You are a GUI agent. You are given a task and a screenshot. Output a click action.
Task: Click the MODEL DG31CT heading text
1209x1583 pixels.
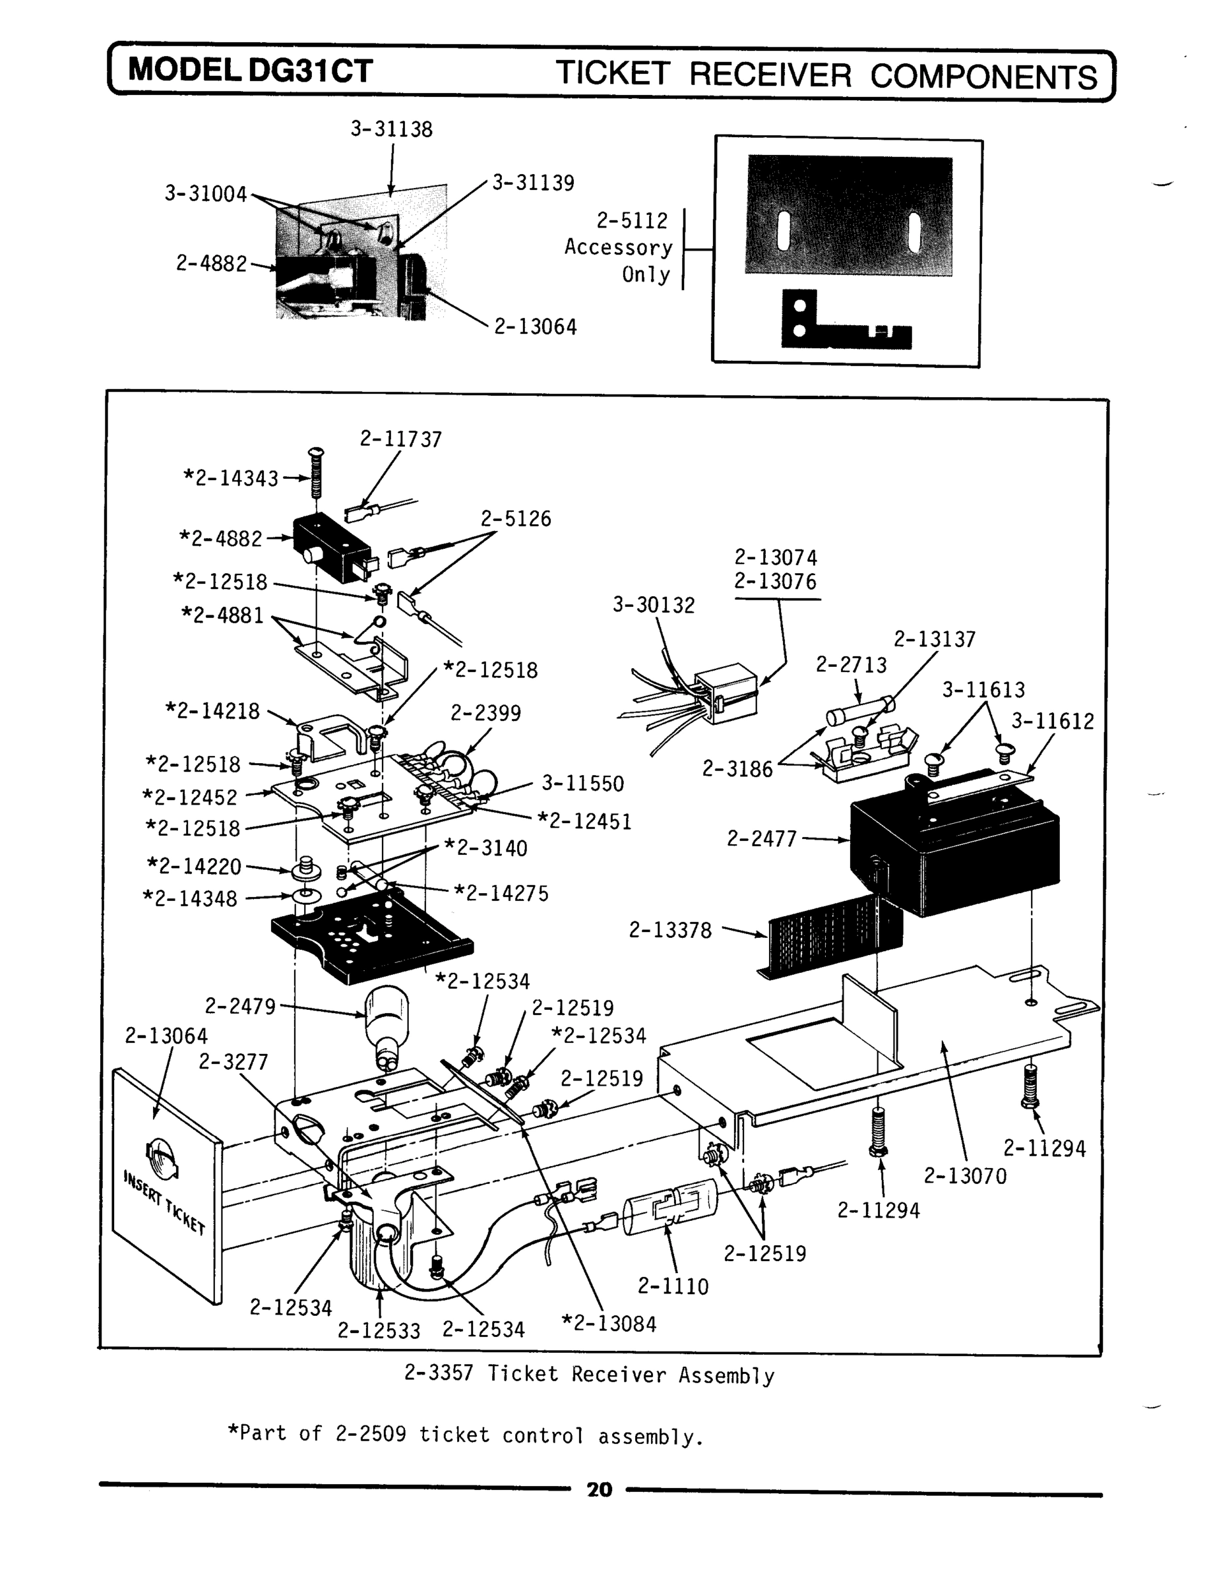(x=251, y=71)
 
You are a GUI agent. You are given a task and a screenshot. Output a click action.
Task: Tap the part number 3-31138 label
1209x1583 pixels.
(x=392, y=129)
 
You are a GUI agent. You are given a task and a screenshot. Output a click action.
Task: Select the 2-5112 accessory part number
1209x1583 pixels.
(x=632, y=221)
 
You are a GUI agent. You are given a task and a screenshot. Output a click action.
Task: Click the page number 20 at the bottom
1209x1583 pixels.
(x=599, y=1489)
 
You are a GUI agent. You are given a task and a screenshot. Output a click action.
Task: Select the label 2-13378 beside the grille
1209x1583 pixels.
(x=670, y=931)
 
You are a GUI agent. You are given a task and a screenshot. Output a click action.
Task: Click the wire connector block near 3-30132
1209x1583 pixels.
(x=725, y=691)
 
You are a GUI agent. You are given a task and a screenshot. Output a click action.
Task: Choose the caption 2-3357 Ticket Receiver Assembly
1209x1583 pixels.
(x=588, y=1375)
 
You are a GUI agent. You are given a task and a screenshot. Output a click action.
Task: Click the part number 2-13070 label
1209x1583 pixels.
(x=965, y=1177)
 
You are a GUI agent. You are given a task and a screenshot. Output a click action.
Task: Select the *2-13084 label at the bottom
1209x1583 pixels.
(x=608, y=1324)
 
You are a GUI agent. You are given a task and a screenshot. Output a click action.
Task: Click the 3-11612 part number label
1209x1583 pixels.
(x=1053, y=721)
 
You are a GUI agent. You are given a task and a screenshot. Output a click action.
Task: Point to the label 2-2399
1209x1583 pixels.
(x=485, y=713)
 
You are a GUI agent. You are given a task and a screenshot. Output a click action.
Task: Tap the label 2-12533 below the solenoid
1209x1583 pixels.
(x=379, y=1330)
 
